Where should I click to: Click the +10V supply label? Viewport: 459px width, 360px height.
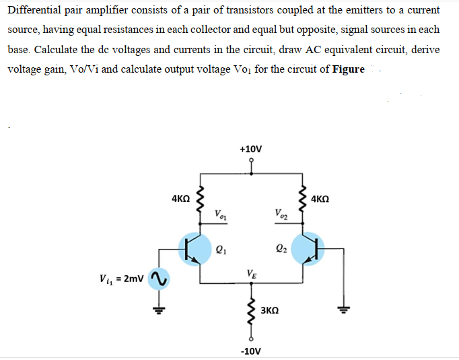pos(252,148)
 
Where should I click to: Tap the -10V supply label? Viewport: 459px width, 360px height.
pos(252,351)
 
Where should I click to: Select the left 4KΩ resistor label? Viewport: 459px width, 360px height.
pos(180,199)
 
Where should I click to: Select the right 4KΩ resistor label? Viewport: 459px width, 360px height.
pos(325,199)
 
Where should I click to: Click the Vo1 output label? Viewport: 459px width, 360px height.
pos(221,215)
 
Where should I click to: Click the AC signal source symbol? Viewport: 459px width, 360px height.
pos(158,277)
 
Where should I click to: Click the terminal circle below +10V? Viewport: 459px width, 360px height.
pos(252,161)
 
